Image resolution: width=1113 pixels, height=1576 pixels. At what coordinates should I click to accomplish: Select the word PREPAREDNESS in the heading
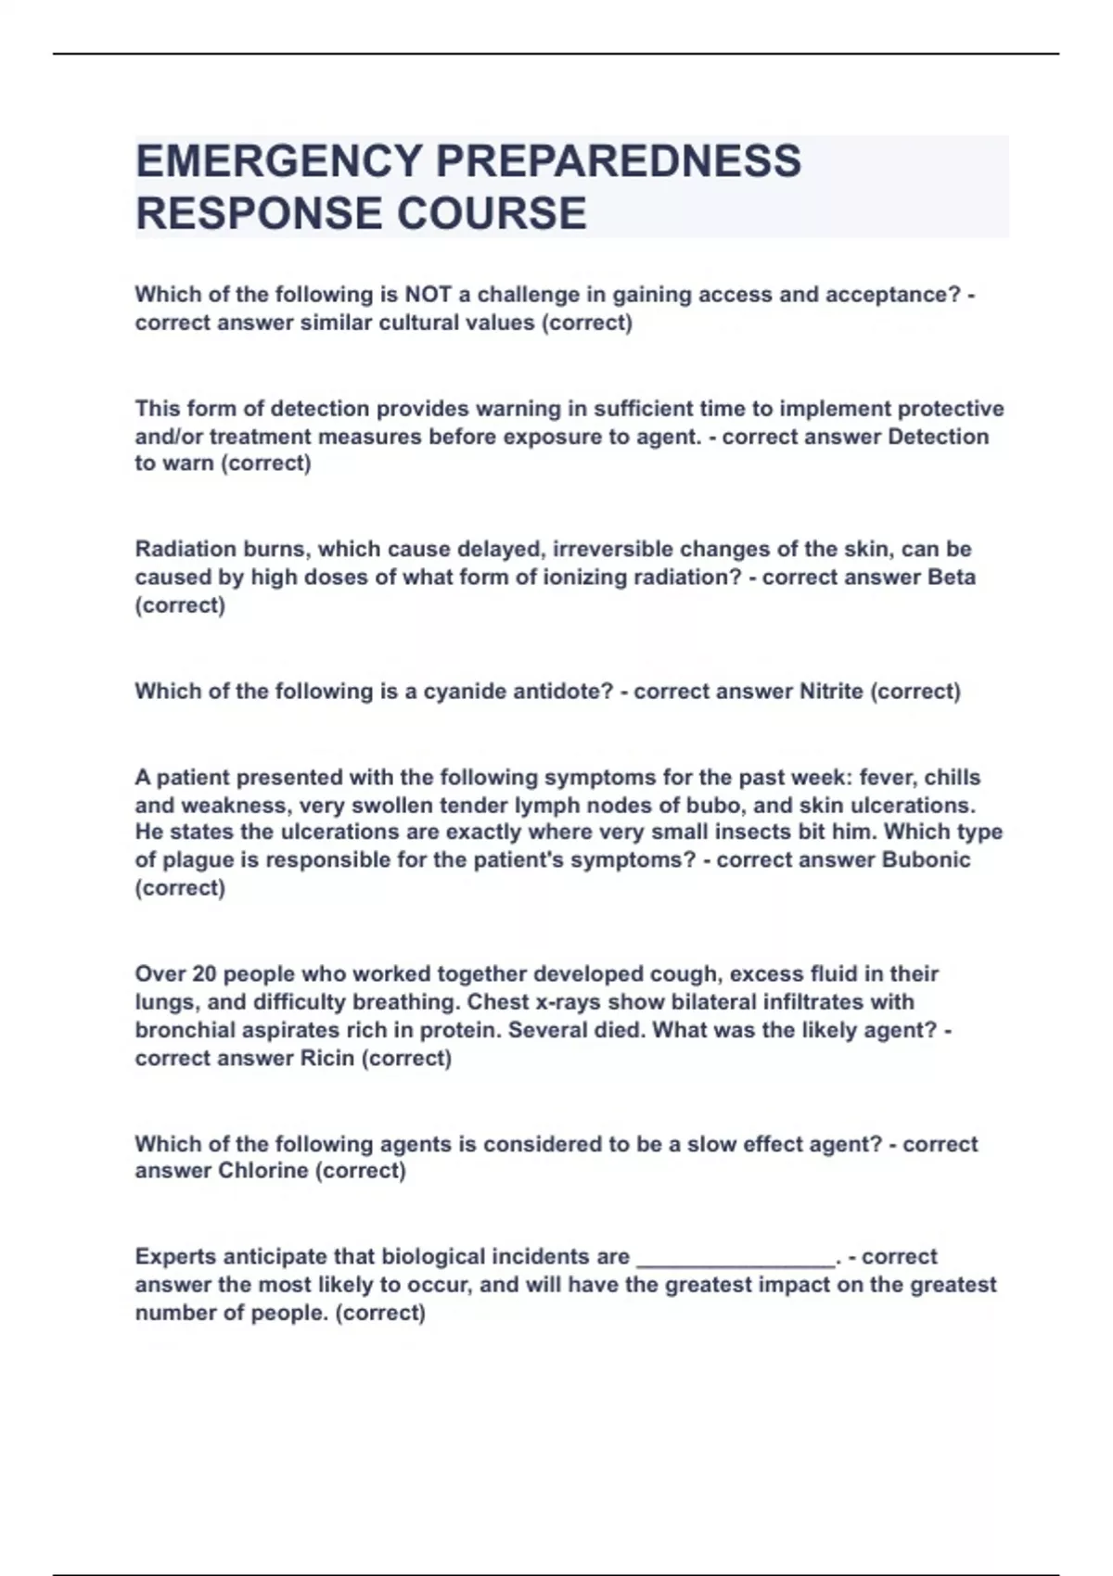click(x=618, y=161)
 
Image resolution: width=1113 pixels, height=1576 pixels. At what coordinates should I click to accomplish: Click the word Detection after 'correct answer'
click(x=938, y=436)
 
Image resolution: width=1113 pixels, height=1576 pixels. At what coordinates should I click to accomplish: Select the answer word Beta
click(x=951, y=577)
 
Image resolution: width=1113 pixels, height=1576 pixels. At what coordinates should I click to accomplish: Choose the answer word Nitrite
click(x=830, y=691)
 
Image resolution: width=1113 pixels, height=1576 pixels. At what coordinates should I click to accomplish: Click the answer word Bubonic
click(x=926, y=859)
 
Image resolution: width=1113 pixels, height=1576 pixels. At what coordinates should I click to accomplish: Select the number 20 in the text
click(x=203, y=973)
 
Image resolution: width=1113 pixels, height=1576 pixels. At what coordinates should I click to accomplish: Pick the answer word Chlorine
click(x=262, y=1170)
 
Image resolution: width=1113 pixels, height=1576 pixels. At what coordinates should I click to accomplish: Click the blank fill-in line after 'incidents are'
click(x=736, y=1259)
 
